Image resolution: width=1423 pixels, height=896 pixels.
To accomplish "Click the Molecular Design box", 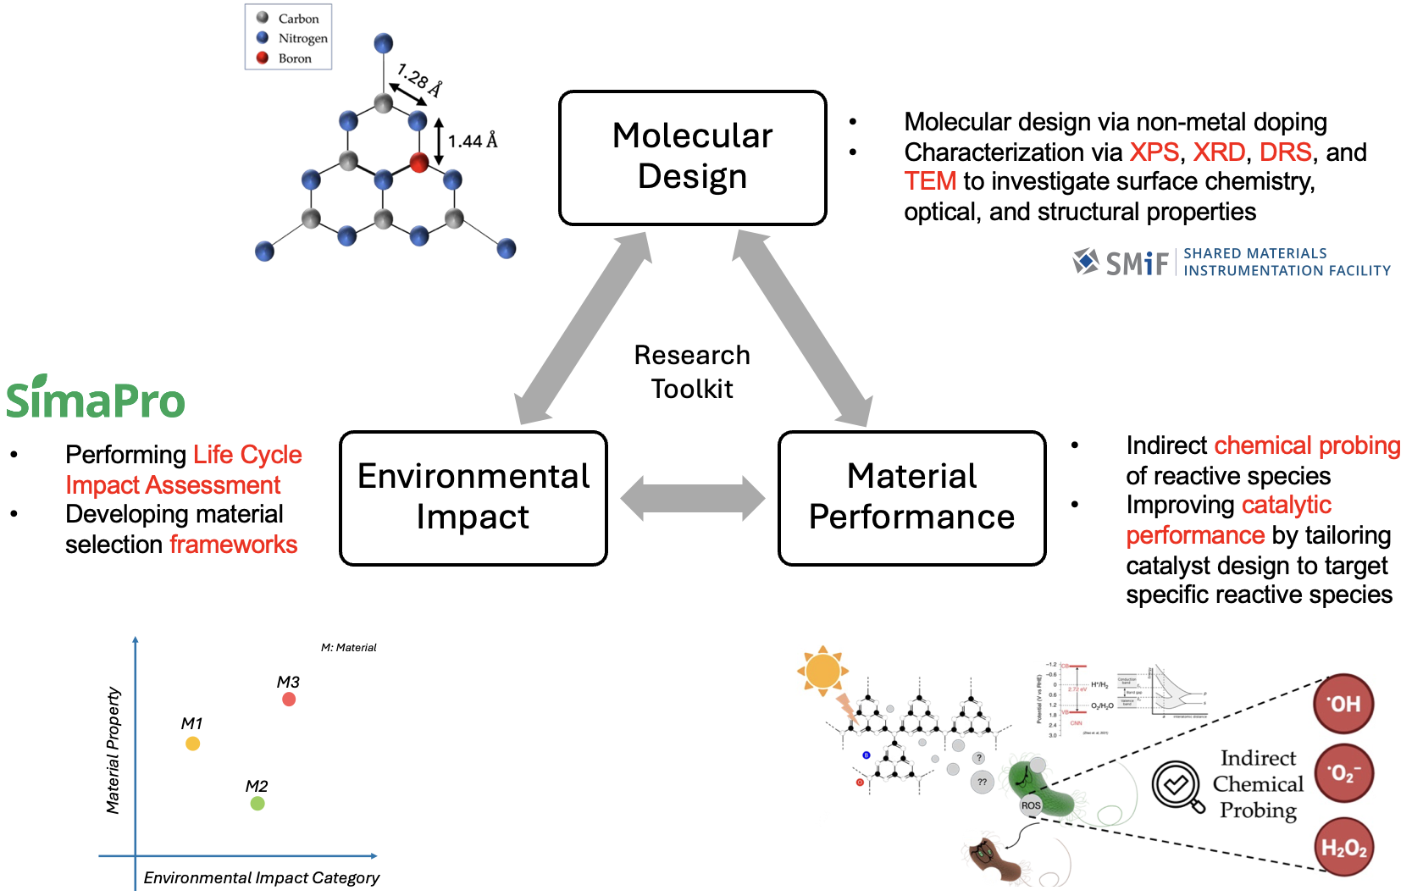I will click(x=692, y=158).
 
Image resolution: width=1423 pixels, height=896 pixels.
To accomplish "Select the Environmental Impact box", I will click(x=473, y=497).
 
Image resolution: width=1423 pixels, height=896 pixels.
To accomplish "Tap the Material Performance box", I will click(x=911, y=497).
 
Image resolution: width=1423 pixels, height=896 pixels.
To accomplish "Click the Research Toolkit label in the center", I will click(x=692, y=372).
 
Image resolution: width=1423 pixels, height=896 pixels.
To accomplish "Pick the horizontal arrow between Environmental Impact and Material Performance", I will click(x=692, y=498).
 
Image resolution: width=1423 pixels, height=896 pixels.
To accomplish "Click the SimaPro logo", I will click(x=95, y=398).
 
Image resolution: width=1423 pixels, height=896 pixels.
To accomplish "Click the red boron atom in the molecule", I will click(x=418, y=162).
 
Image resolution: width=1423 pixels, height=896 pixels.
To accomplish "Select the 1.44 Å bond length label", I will click(x=472, y=141).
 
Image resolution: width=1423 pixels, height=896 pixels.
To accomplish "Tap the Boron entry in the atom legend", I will click(x=294, y=58).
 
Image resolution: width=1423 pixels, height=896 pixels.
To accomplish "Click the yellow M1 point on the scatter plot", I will click(x=192, y=744).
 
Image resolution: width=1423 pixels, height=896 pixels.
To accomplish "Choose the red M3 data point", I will click(x=289, y=700).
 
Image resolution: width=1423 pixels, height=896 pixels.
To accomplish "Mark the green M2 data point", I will click(x=257, y=804).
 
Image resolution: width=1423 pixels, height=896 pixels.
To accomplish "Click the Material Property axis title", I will click(x=113, y=750).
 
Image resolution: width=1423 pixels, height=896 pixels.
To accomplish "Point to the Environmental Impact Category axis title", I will click(x=261, y=878).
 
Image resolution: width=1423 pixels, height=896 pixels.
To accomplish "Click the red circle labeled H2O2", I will click(x=1343, y=847).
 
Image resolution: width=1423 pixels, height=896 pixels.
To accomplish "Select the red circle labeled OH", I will click(x=1343, y=704).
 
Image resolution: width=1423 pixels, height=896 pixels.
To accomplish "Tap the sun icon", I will click(x=822, y=672).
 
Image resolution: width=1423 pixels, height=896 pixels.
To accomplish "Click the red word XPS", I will click(x=1154, y=152).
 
